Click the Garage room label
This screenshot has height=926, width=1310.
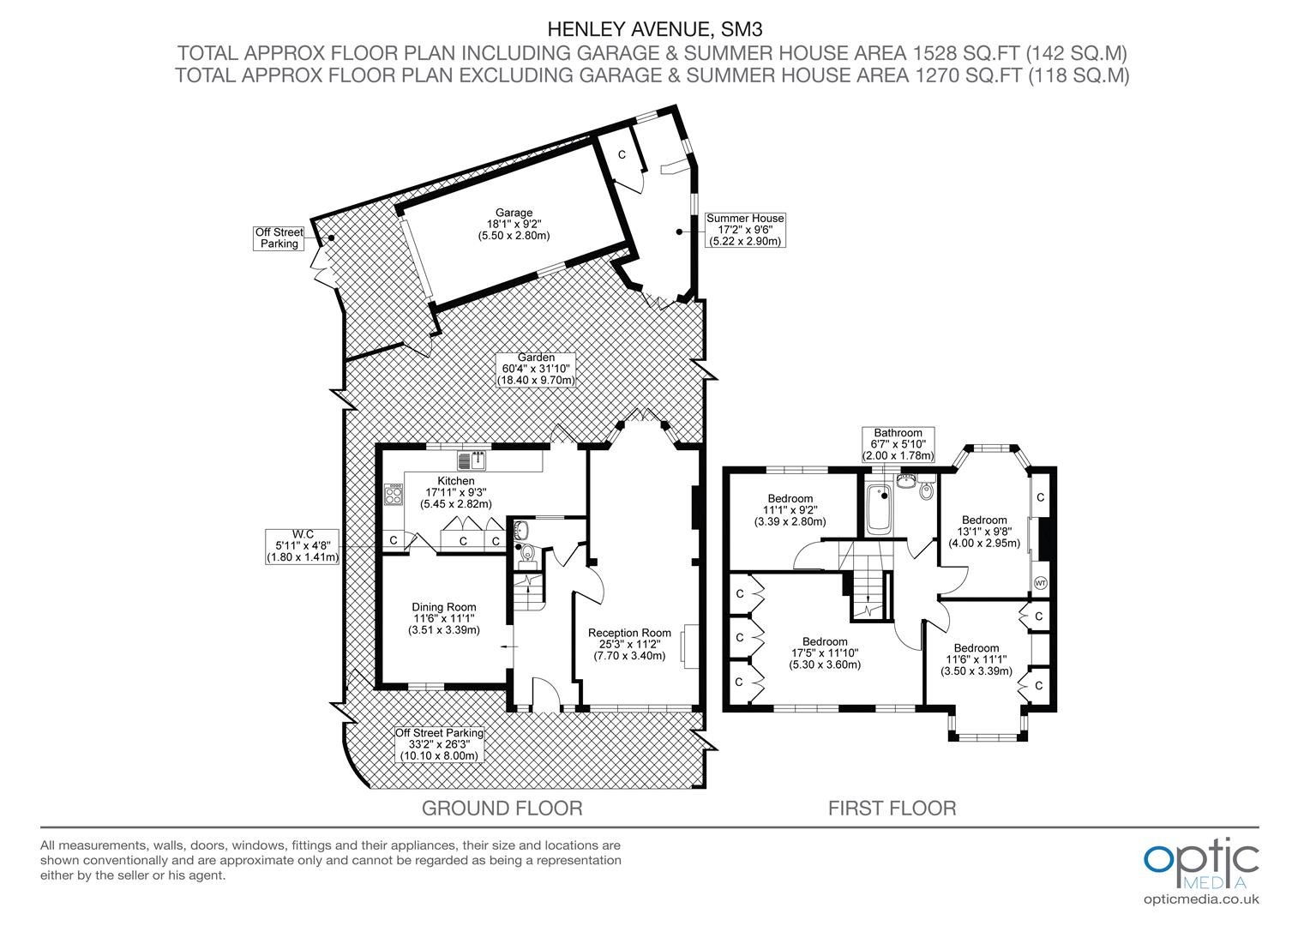(x=514, y=224)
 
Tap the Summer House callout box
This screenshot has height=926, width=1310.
(x=744, y=230)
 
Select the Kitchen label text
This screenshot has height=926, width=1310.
(x=455, y=492)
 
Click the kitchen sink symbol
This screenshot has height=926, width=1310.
(x=472, y=461)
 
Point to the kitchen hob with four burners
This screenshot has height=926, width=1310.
(x=394, y=495)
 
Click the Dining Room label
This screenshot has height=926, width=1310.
(x=444, y=618)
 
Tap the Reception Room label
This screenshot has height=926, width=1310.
(x=629, y=644)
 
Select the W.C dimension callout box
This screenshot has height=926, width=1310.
(x=303, y=546)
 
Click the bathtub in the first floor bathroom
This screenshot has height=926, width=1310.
(x=879, y=509)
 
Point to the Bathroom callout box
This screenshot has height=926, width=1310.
(x=898, y=445)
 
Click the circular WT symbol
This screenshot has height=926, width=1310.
(x=1041, y=583)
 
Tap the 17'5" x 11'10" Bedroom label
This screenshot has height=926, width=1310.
(x=825, y=652)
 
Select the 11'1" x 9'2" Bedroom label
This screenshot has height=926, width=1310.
(x=790, y=510)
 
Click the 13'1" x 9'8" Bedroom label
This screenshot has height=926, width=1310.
(x=984, y=531)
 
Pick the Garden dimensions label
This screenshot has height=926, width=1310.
(x=536, y=369)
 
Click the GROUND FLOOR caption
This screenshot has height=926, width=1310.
(x=502, y=809)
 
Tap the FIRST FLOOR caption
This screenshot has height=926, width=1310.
(x=892, y=809)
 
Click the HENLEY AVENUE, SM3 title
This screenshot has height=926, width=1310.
(x=655, y=28)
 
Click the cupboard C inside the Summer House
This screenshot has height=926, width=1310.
(x=622, y=155)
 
